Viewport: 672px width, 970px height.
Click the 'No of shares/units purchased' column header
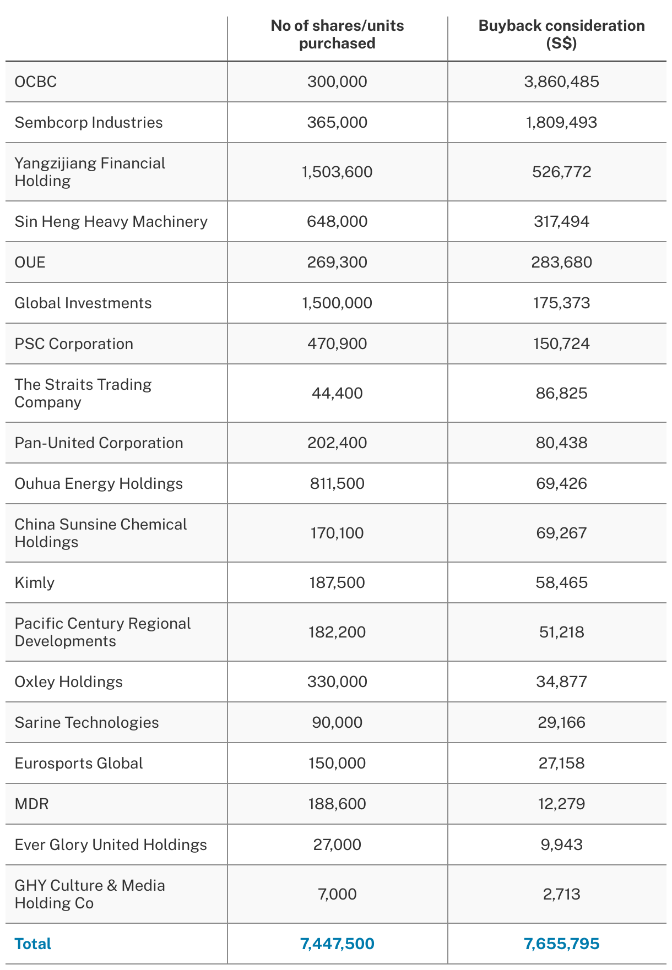[337, 35]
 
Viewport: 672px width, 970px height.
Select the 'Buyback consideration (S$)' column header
[561, 35]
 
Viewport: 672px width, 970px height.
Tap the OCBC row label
[36, 82]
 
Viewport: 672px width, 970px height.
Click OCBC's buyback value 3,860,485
[561, 82]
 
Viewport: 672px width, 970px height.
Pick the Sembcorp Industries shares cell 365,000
[337, 123]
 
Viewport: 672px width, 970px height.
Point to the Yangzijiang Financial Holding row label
[90, 172]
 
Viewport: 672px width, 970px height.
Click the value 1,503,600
[337, 172]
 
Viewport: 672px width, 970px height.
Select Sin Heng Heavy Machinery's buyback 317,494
[561, 222]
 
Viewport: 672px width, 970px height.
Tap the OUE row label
[30, 263]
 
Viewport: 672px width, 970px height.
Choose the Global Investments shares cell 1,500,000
[337, 303]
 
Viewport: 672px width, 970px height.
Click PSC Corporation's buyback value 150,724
[561, 344]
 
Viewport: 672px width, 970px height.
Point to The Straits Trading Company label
[83, 393]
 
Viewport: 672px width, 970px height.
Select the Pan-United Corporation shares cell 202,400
[337, 443]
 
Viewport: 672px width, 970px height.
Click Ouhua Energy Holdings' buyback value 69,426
[561, 484]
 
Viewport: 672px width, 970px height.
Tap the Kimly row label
[35, 583]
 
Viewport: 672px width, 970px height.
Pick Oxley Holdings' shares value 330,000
[337, 682]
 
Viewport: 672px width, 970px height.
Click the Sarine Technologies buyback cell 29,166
[561, 723]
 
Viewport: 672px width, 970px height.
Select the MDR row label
[32, 804]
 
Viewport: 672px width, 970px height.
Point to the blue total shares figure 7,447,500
[337, 944]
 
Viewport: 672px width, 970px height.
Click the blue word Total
[33, 944]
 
